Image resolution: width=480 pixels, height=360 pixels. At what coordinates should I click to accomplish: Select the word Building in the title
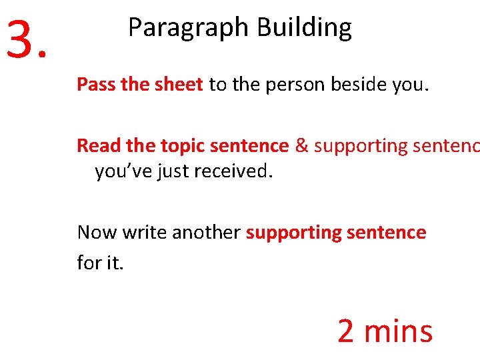pos(305,29)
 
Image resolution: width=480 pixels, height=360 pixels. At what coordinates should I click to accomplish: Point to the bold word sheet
pos(179,85)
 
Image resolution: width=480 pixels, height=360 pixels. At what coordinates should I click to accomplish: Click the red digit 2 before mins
pos(345,331)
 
